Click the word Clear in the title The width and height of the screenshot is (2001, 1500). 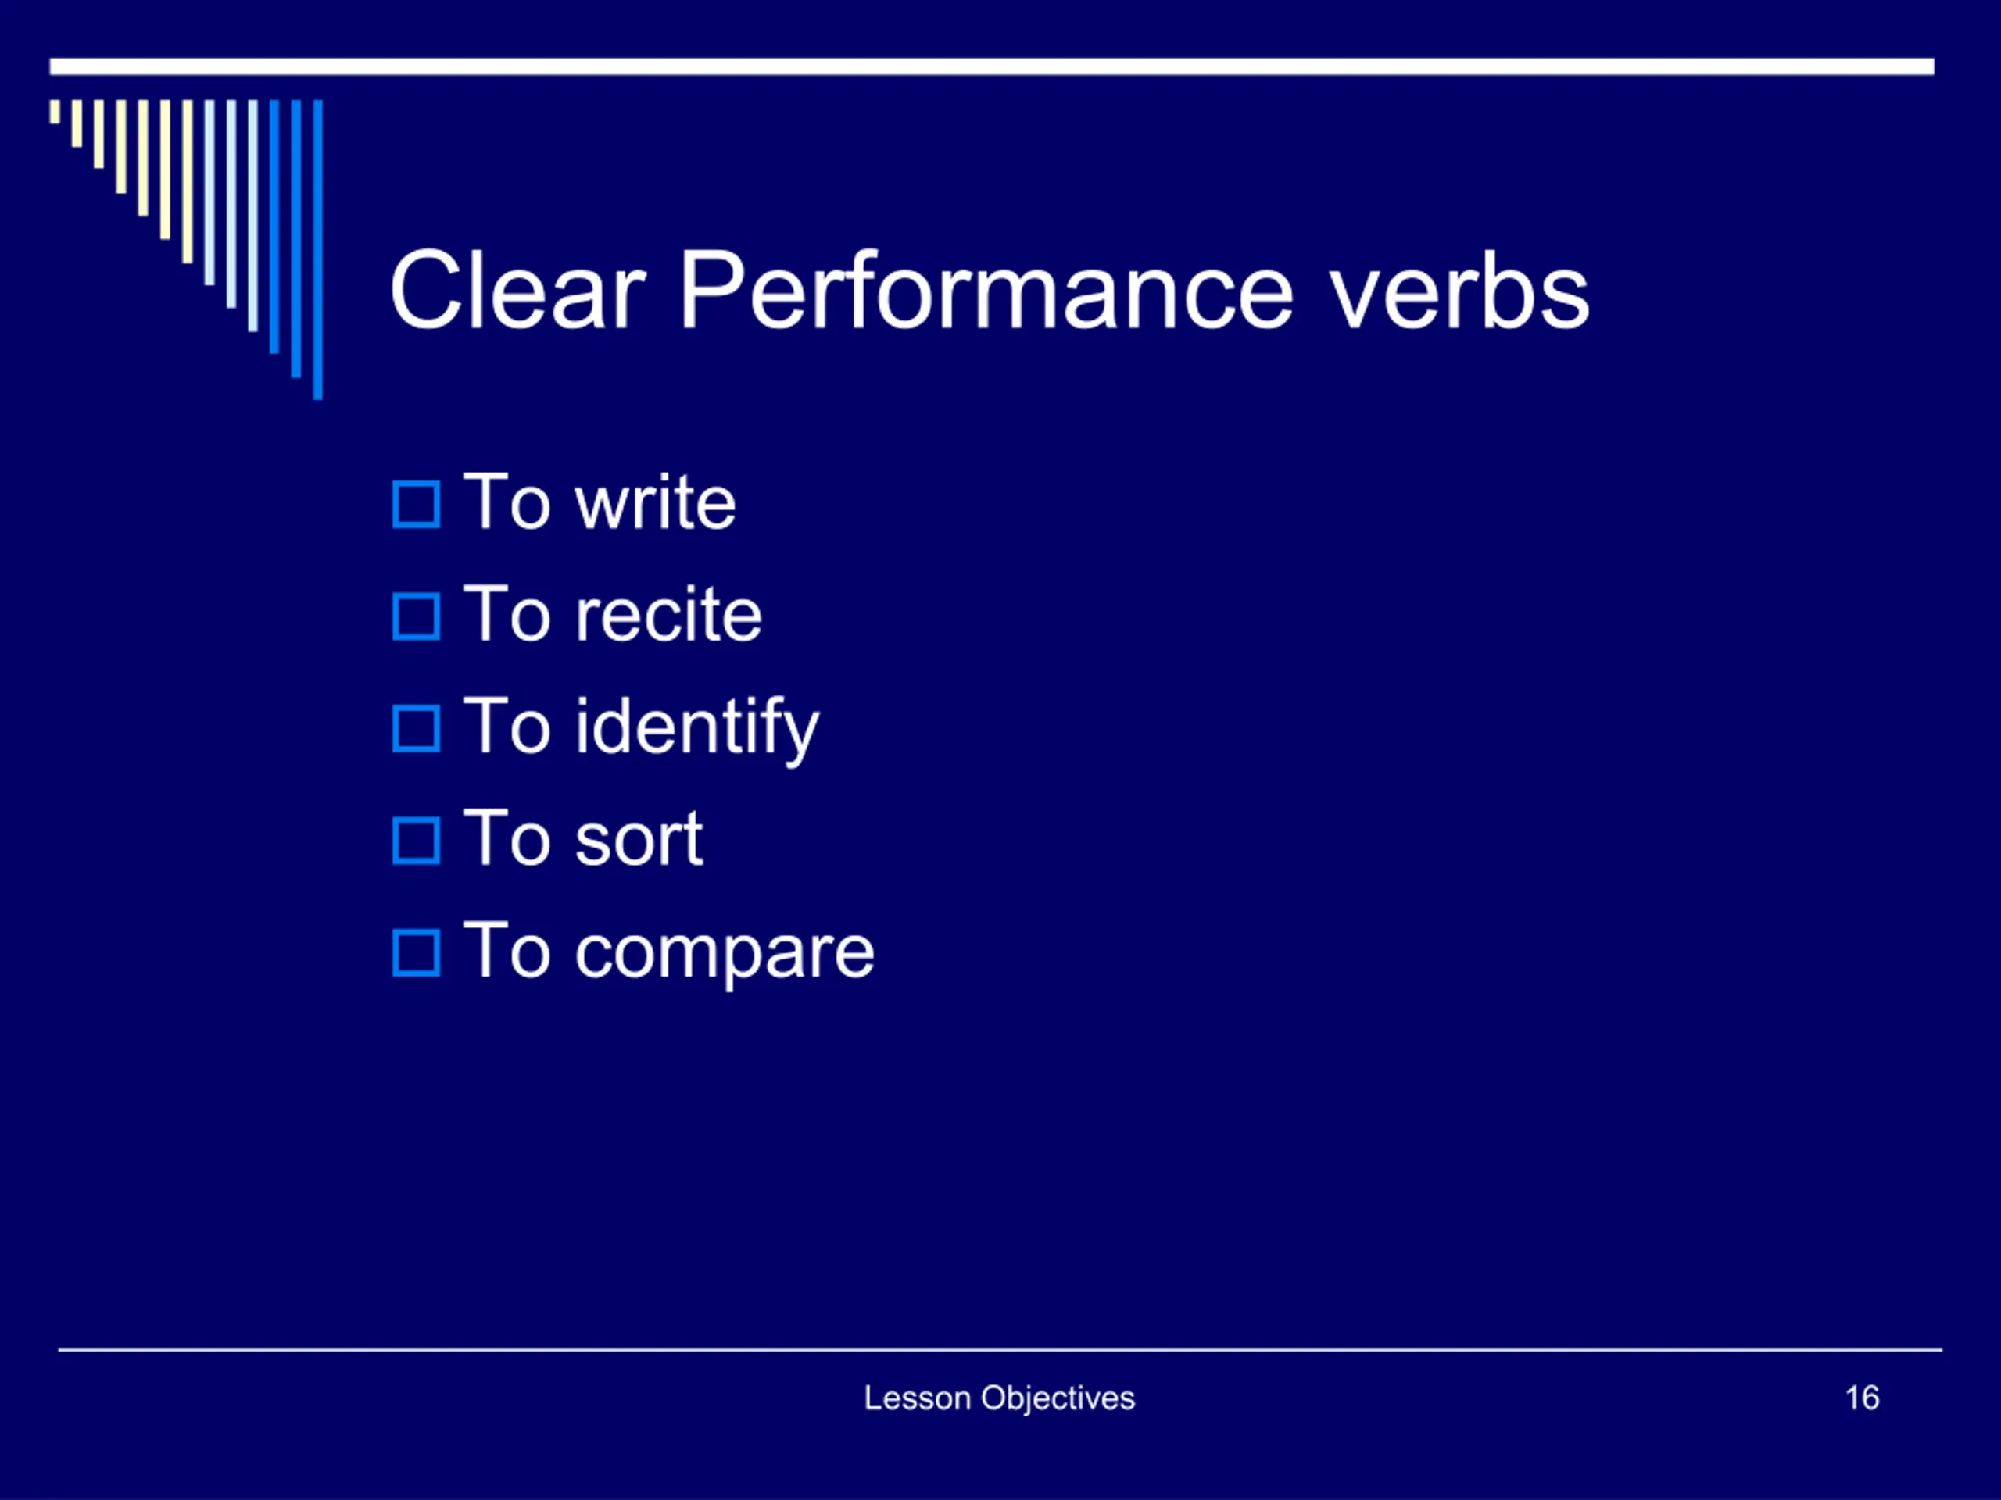tap(517, 291)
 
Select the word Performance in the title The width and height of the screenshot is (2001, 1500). tap(986, 291)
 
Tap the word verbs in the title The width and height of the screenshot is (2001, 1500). tap(1459, 291)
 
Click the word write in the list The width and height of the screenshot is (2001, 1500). tap(655, 502)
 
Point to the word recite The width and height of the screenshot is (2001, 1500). tap(668, 614)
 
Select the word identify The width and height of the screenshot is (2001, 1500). tap(697, 729)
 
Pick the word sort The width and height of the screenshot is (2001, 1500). tap(639, 839)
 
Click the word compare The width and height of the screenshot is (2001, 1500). tap(725, 954)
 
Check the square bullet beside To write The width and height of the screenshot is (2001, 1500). tap(416, 505)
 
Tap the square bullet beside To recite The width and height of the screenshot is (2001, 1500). tap(416, 616)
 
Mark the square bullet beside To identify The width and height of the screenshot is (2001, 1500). tap(416, 729)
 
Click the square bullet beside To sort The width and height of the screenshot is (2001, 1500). tap(416, 841)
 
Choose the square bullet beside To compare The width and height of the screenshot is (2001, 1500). tap(416, 953)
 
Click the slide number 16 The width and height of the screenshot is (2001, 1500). tap(1862, 1398)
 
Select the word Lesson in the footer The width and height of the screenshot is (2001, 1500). tap(918, 1398)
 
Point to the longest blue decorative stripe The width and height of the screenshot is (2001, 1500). tap(317, 249)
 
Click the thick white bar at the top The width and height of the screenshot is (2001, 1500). tap(991, 67)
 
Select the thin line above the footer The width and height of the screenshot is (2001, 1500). tap(1000, 1350)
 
